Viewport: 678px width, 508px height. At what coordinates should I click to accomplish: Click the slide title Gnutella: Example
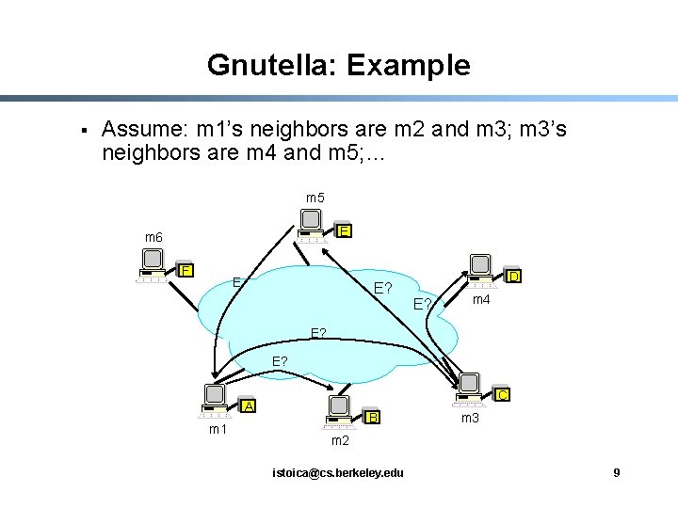point(338,65)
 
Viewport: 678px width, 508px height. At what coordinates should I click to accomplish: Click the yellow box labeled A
point(248,406)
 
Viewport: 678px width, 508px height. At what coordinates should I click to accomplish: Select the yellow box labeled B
point(373,417)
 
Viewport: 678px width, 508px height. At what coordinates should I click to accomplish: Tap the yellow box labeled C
point(503,395)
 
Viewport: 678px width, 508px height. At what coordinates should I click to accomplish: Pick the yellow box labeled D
point(513,277)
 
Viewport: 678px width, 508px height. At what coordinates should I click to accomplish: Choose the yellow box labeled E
point(345,231)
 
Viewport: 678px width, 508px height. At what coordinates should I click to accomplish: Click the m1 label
point(218,430)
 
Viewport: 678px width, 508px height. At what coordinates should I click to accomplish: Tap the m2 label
point(340,440)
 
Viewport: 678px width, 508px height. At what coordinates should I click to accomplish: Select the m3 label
point(471,417)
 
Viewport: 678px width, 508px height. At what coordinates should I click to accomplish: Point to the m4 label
point(481,299)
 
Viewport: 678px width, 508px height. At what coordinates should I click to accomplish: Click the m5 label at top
point(315,198)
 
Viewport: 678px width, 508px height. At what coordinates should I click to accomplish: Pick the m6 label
point(153,237)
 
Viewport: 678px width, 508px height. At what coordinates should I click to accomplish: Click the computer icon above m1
point(215,399)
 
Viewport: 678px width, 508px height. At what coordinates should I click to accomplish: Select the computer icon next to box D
point(481,269)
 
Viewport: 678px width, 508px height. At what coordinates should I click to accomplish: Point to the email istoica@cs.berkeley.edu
point(337,471)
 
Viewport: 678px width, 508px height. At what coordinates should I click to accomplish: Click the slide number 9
point(616,471)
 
